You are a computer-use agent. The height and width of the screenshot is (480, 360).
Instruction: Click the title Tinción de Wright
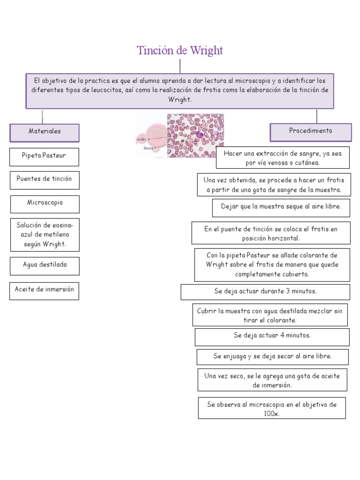pyautogui.click(x=180, y=51)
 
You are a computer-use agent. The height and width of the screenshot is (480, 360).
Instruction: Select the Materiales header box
pyautogui.click(x=45, y=132)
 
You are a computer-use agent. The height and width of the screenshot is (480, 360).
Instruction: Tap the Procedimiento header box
pyautogui.click(x=310, y=131)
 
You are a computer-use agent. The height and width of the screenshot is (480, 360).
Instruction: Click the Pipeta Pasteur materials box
pyautogui.click(x=44, y=156)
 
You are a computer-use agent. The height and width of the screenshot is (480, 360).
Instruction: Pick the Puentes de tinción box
pyautogui.click(x=44, y=180)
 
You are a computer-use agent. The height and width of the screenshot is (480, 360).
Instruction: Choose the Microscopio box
pyautogui.click(x=45, y=203)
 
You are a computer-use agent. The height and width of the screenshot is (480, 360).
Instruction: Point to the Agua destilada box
pyautogui.click(x=45, y=265)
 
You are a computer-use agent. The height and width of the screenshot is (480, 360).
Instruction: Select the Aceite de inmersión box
pyautogui.click(x=44, y=290)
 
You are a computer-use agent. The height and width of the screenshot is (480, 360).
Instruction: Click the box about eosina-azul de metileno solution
pyautogui.click(x=45, y=234)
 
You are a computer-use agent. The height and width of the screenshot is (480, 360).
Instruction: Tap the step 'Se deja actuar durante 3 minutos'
pyautogui.click(x=265, y=292)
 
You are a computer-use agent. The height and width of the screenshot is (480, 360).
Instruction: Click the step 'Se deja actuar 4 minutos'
pyautogui.click(x=272, y=336)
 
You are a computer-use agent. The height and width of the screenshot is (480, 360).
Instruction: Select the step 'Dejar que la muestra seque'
pyautogui.click(x=281, y=207)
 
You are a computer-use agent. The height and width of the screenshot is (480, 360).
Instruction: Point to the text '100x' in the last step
pyautogui.click(x=271, y=414)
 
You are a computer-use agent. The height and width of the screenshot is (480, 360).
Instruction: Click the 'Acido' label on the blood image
pyautogui.click(x=141, y=140)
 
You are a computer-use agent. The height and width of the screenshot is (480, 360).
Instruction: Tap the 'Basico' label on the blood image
pyautogui.click(x=149, y=148)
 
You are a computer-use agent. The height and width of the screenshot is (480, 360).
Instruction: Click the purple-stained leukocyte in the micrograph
pyautogui.click(x=199, y=135)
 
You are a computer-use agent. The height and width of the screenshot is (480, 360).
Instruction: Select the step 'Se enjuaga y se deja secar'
pyautogui.click(x=272, y=357)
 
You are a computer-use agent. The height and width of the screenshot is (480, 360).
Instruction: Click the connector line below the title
pyautogui.click(x=180, y=66)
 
